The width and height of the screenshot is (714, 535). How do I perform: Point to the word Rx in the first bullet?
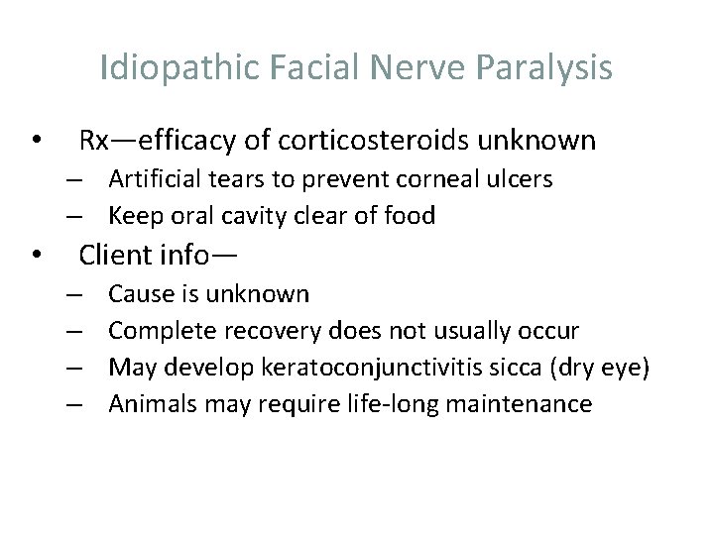(x=94, y=142)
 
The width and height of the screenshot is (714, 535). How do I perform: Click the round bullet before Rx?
(x=37, y=142)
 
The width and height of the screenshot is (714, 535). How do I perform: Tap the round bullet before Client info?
(x=37, y=257)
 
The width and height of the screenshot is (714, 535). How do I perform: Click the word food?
(x=411, y=215)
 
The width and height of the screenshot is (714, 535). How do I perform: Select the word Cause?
(x=139, y=294)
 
